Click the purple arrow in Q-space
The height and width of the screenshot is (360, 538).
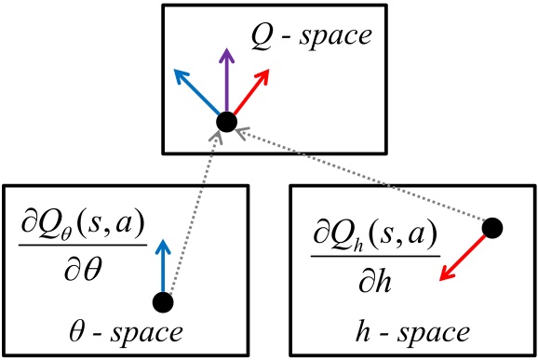pos(224,82)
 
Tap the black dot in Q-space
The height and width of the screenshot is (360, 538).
pos(225,121)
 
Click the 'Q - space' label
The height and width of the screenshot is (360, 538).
pos(311,37)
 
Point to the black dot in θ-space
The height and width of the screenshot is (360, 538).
pos(163,301)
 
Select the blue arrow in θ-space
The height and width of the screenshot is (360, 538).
pos(164,265)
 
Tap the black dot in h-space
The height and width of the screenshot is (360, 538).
pos(493,226)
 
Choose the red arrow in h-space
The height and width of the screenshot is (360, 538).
pos(464,254)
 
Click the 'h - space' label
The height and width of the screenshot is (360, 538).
pos(412,332)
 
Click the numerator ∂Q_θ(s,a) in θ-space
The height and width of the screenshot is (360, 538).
pos(84,226)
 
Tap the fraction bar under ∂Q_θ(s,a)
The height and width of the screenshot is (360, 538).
pos(84,245)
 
